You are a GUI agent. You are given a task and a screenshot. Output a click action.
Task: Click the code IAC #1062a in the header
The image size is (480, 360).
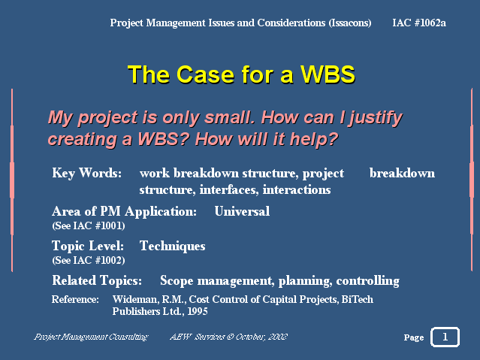[x=418, y=23]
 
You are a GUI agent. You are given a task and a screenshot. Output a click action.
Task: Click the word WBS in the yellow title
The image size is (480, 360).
[x=328, y=74]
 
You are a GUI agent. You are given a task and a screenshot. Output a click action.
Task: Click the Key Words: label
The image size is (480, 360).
[x=86, y=174]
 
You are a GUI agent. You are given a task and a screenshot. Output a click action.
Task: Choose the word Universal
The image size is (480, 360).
[x=242, y=211]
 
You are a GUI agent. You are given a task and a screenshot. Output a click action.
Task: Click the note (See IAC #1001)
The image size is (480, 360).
[x=89, y=225]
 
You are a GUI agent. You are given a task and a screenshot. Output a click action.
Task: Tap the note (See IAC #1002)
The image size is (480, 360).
[x=89, y=260]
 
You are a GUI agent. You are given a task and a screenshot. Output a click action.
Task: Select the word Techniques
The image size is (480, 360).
[x=172, y=246]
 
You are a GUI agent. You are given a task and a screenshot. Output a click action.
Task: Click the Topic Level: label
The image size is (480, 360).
[x=88, y=246]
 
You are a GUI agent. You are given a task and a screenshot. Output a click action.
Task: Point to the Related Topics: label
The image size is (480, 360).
[x=97, y=280]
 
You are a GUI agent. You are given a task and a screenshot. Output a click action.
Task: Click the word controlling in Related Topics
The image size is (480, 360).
[x=367, y=281]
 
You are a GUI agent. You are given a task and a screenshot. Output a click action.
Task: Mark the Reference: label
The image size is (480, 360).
[x=75, y=299]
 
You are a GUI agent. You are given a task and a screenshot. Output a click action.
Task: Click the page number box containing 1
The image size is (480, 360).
[x=445, y=337]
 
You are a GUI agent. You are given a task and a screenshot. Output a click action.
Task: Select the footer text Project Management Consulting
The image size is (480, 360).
[x=91, y=337]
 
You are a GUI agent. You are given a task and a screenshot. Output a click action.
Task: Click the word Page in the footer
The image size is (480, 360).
[x=414, y=337]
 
